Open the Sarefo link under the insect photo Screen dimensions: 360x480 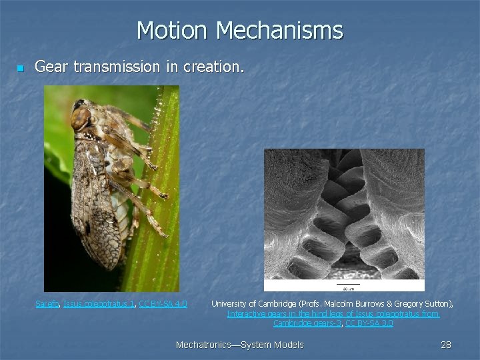(47, 304)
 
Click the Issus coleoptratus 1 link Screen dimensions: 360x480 (99, 304)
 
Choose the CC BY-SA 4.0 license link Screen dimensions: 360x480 (163, 304)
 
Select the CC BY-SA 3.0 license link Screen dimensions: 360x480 (369, 323)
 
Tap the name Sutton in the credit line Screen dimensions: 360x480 (437, 304)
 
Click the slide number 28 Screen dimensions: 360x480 (446, 345)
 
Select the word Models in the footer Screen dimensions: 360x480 (288, 345)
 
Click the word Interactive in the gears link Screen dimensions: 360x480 (246, 314)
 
